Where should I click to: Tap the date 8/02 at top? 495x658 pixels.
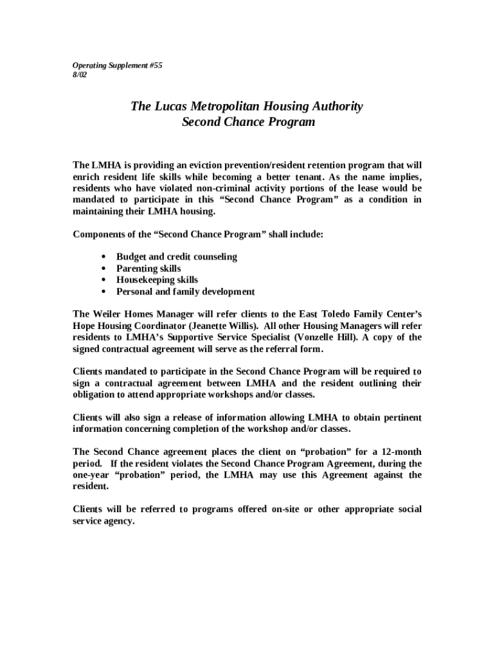(x=80, y=75)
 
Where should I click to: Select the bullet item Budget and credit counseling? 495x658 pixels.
(x=176, y=257)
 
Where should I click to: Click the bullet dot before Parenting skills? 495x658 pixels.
(x=104, y=269)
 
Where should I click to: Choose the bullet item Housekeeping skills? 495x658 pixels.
(x=157, y=280)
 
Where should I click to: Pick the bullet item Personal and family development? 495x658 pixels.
(x=185, y=292)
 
